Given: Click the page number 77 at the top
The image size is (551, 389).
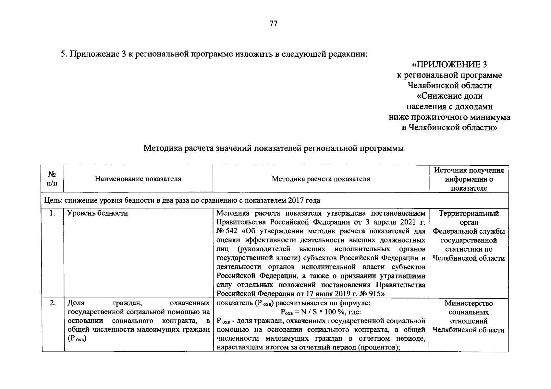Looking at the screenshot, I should (x=273, y=24).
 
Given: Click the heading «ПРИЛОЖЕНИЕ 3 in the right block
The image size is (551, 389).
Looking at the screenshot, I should (x=449, y=65).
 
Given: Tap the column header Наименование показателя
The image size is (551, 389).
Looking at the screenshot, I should (x=138, y=179).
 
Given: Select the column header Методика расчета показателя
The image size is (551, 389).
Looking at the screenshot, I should (x=321, y=179).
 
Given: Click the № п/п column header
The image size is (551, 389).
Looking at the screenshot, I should (x=52, y=179).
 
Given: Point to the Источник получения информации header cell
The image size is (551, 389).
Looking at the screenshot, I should (x=469, y=179).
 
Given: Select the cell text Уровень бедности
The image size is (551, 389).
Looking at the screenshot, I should (x=97, y=213).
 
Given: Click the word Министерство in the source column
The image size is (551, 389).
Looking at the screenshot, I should (x=469, y=303).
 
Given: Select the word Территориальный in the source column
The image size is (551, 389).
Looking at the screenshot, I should (x=469, y=214).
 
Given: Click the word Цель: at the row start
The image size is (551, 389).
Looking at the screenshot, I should (x=53, y=200).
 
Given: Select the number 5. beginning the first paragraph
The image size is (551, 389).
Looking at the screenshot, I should (x=64, y=54).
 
